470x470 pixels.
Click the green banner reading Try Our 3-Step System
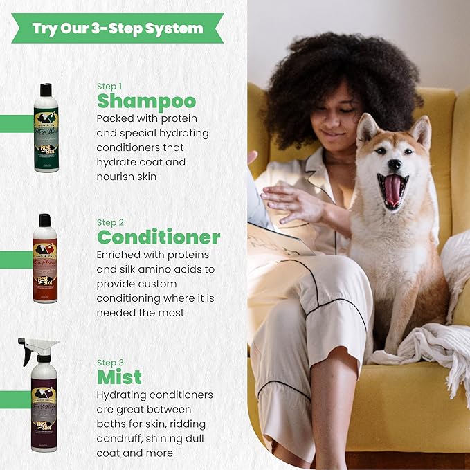point(117,28)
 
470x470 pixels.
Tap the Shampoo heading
point(146,101)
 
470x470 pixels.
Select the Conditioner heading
point(159,237)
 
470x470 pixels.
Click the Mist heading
point(119,377)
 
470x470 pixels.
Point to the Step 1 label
point(109,86)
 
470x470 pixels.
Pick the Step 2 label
point(110,222)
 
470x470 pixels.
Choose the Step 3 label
point(110,362)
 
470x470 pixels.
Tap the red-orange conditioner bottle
point(45,262)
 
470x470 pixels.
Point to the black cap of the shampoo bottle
point(46,89)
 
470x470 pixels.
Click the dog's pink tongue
point(392,190)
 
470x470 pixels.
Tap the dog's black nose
point(395,165)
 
